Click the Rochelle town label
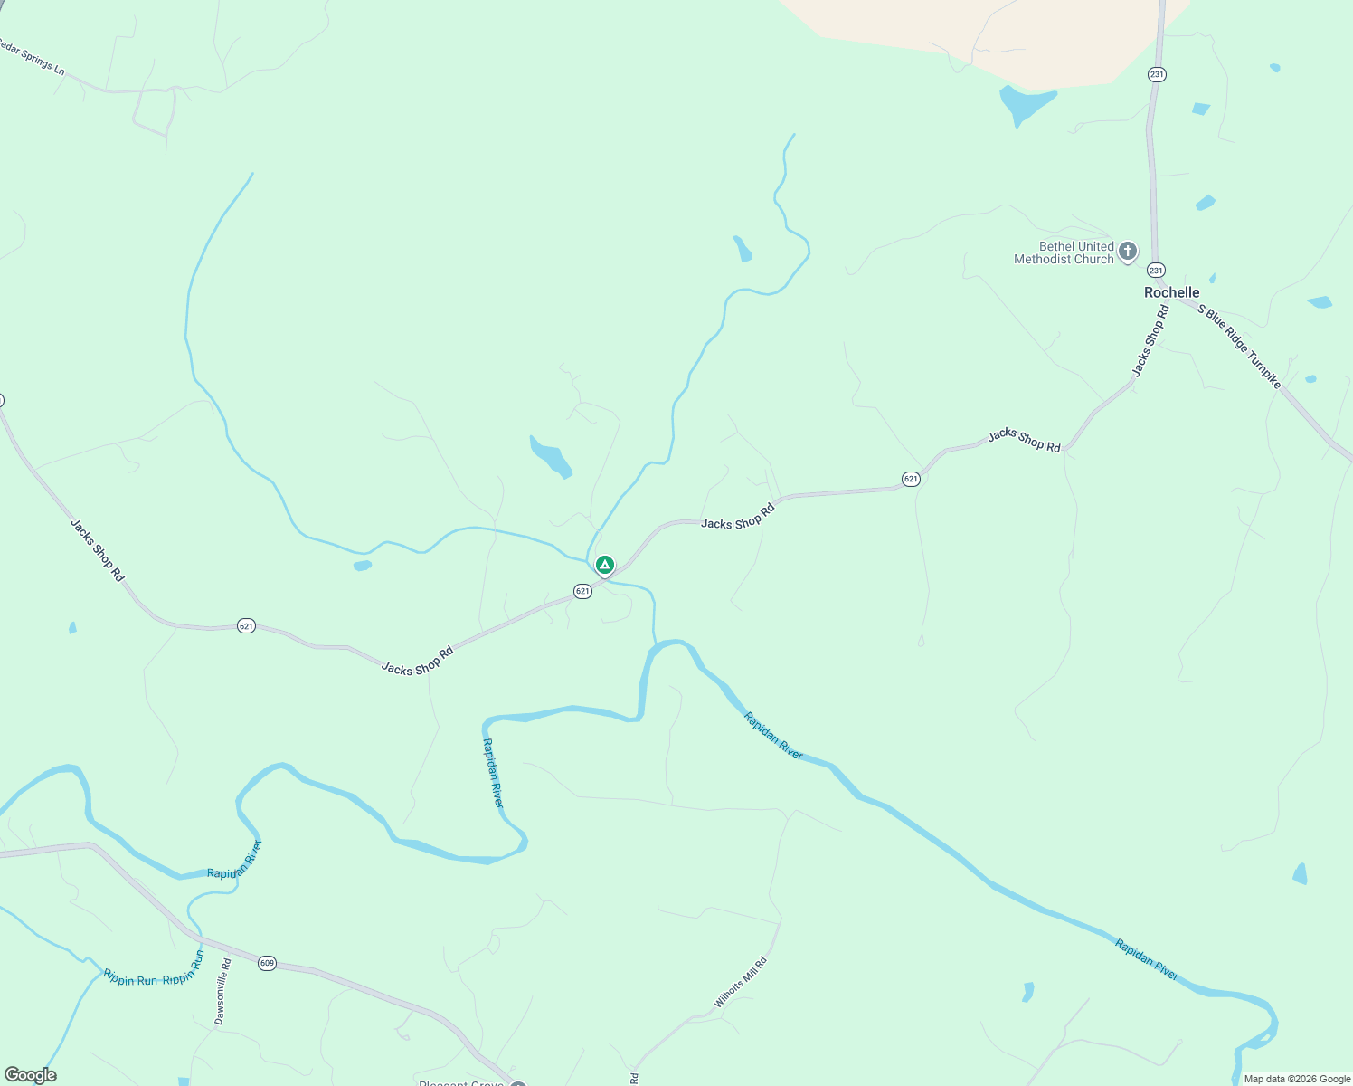[x=1171, y=292]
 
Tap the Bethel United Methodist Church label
[x=1064, y=252]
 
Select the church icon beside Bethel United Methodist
[x=1127, y=251]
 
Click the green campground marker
[x=604, y=566]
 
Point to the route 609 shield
[x=266, y=963]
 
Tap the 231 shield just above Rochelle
[x=1156, y=270]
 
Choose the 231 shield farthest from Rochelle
[x=1157, y=74]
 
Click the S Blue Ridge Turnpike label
[x=1239, y=347]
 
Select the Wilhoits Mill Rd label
[x=740, y=982]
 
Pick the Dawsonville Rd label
[x=222, y=992]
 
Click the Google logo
[x=30, y=1075]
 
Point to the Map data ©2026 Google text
[x=1297, y=1079]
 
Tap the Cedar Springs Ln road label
[x=33, y=57]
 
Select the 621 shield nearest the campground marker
[x=582, y=591]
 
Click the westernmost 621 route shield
[x=246, y=625]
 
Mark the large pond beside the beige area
[x=1026, y=103]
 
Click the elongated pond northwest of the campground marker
[x=551, y=457]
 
